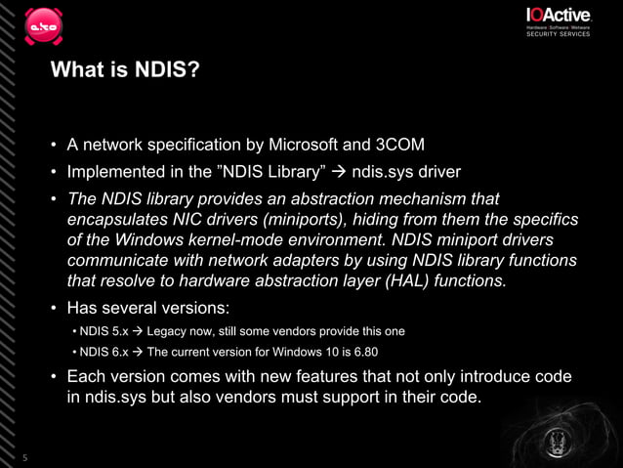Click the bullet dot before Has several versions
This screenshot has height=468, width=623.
pyautogui.click(x=55, y=308)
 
